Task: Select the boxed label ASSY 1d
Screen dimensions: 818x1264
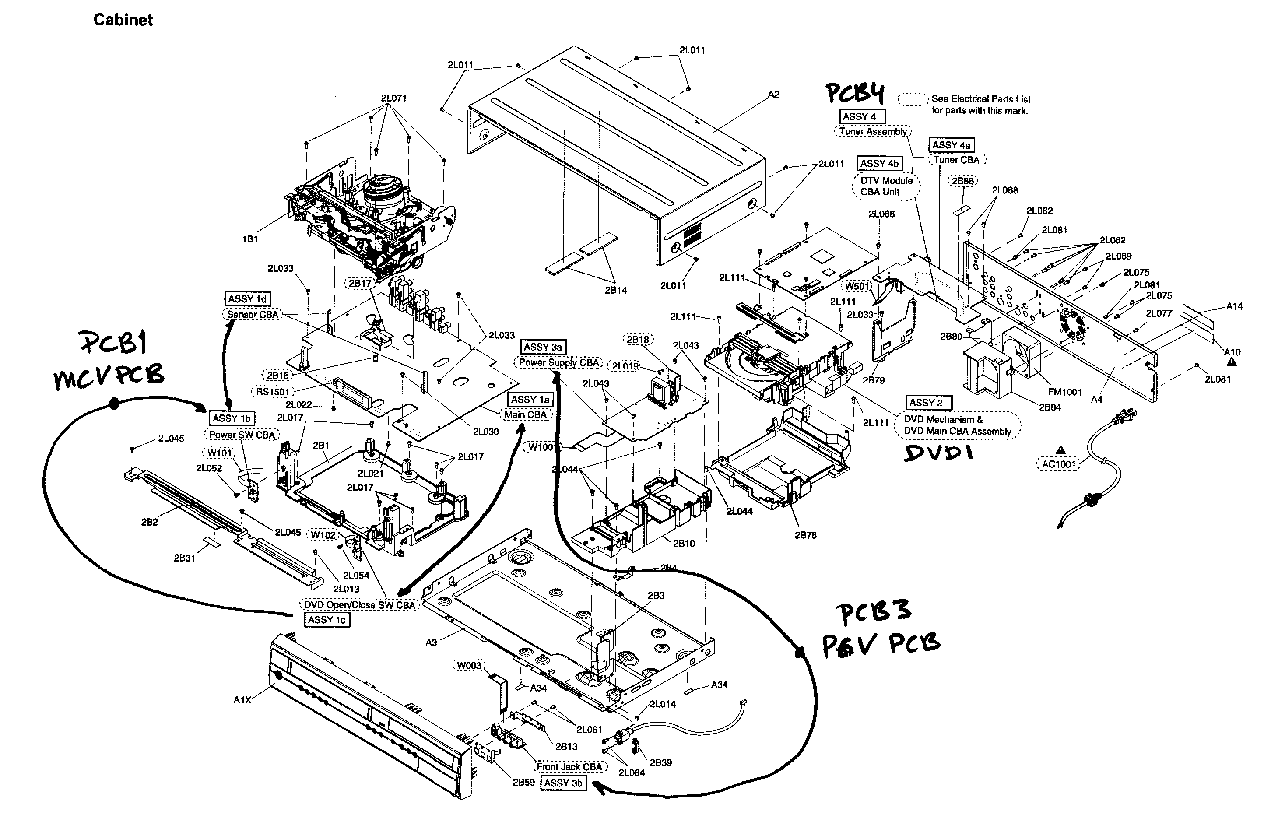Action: pyautogui.click(x=247, y=299)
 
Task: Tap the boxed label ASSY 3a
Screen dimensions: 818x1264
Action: pyautogui.click(x=543, y=347)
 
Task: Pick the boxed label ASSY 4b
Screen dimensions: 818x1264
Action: pyautogui.click(x=879, y=164)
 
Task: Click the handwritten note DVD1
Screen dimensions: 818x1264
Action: pyautogui.click(x=939, y=453)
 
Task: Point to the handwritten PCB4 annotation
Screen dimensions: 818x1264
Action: pyautogui.click(x=856, y=93)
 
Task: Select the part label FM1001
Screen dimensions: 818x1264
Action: pyautogui.click(x=1064, y=392)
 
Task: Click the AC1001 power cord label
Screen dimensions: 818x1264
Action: pyautogui.click(x=1058, y=464)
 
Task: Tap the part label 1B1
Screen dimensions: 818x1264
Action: pyautogui.click(x=250, y=239)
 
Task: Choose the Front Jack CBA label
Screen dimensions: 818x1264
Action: pyautogui.click(x=569, y=766)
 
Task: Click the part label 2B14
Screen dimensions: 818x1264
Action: pyautogui.click(x=615, y=291)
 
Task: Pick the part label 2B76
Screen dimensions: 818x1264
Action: pyautogui.click(x=805, y=535)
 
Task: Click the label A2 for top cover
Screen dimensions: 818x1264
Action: pyautogui.click(x=773, y=95)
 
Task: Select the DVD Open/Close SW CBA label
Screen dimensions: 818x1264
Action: pyautogui.click(x=360, y=604)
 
